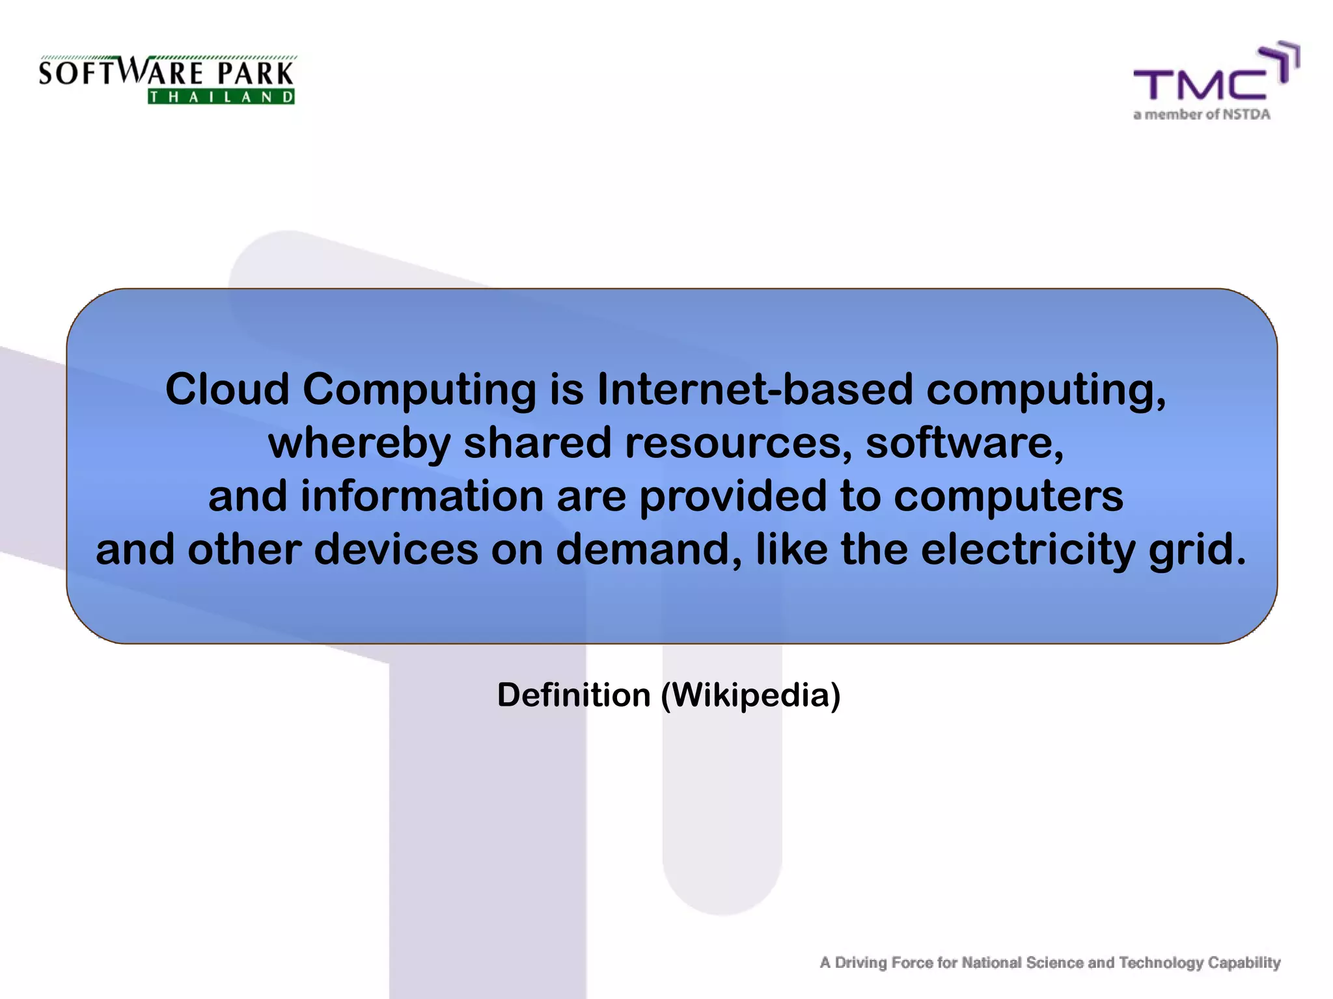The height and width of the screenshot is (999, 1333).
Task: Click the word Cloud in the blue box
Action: [227, 390]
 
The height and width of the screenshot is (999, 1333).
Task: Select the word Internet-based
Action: [755, 390]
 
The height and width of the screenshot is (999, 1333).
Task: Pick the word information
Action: [422, 496]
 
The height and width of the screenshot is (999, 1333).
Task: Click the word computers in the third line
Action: [1008, 496]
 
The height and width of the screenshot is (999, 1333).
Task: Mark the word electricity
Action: [1028, 550]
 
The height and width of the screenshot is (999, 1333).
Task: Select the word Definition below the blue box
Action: [573, 695]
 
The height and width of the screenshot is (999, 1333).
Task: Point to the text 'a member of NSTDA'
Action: [1202, 114]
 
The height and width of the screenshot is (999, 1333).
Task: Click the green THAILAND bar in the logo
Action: [221, 98]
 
